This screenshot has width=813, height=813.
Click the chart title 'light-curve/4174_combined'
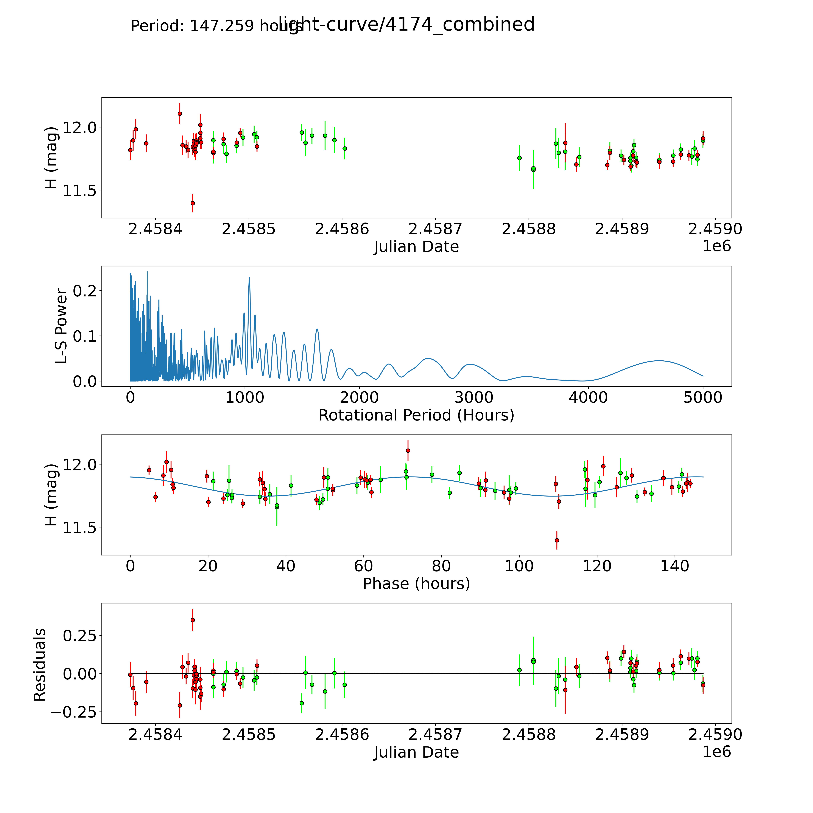tap(406, 24)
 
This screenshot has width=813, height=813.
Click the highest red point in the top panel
tap(180, 114)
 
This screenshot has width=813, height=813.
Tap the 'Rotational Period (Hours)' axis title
tap(416, 415)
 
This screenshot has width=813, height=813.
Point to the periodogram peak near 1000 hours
tap(249, 278)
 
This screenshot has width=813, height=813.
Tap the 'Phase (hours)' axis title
tap(416, 584)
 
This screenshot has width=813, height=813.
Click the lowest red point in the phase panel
tap(557, 540)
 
